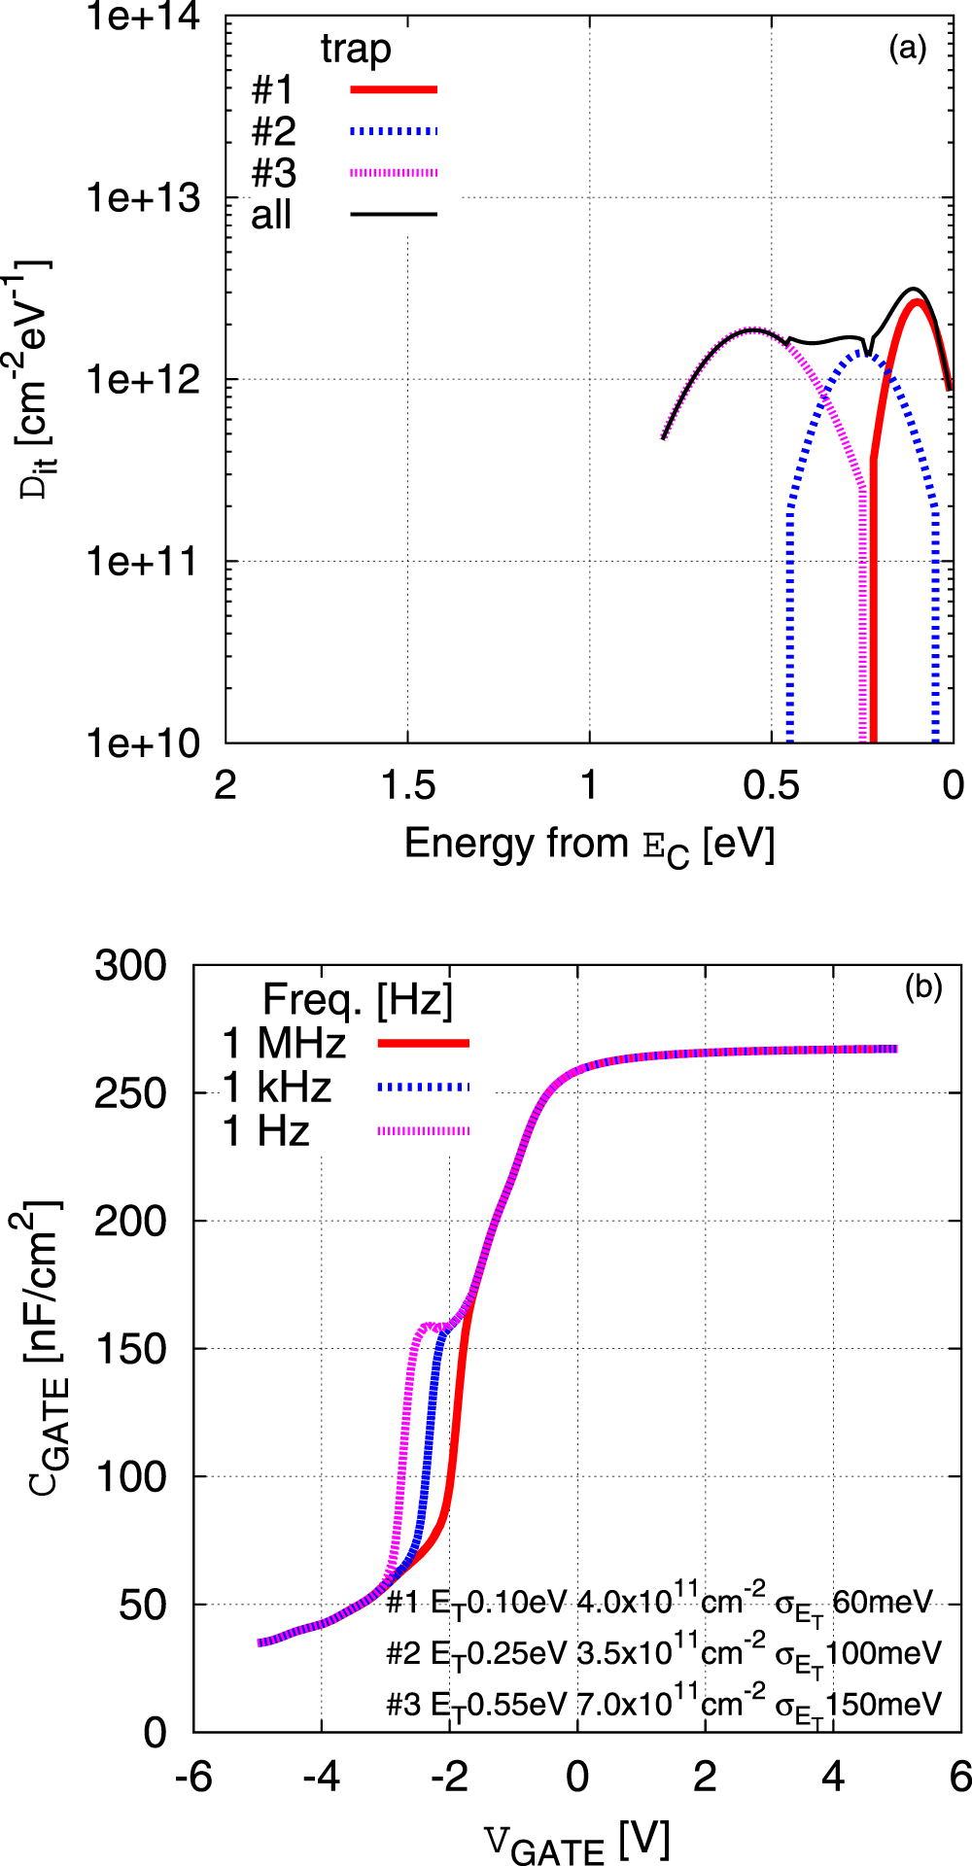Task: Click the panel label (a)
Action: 907,48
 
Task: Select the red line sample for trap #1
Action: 394,89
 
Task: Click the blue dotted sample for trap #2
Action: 394,131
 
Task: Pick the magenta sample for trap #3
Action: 394,173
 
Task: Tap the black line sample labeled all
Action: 394,214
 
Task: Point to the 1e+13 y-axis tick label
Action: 144,198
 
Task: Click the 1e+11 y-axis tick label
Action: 144,562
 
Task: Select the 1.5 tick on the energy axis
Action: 407,785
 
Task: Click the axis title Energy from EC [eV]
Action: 589,845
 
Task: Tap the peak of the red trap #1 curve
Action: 916,302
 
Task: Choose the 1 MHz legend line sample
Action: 423,1043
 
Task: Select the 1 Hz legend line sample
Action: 423,1130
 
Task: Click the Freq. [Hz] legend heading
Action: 358,998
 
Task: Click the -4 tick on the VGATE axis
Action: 321,1777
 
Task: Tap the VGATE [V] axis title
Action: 576,1840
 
